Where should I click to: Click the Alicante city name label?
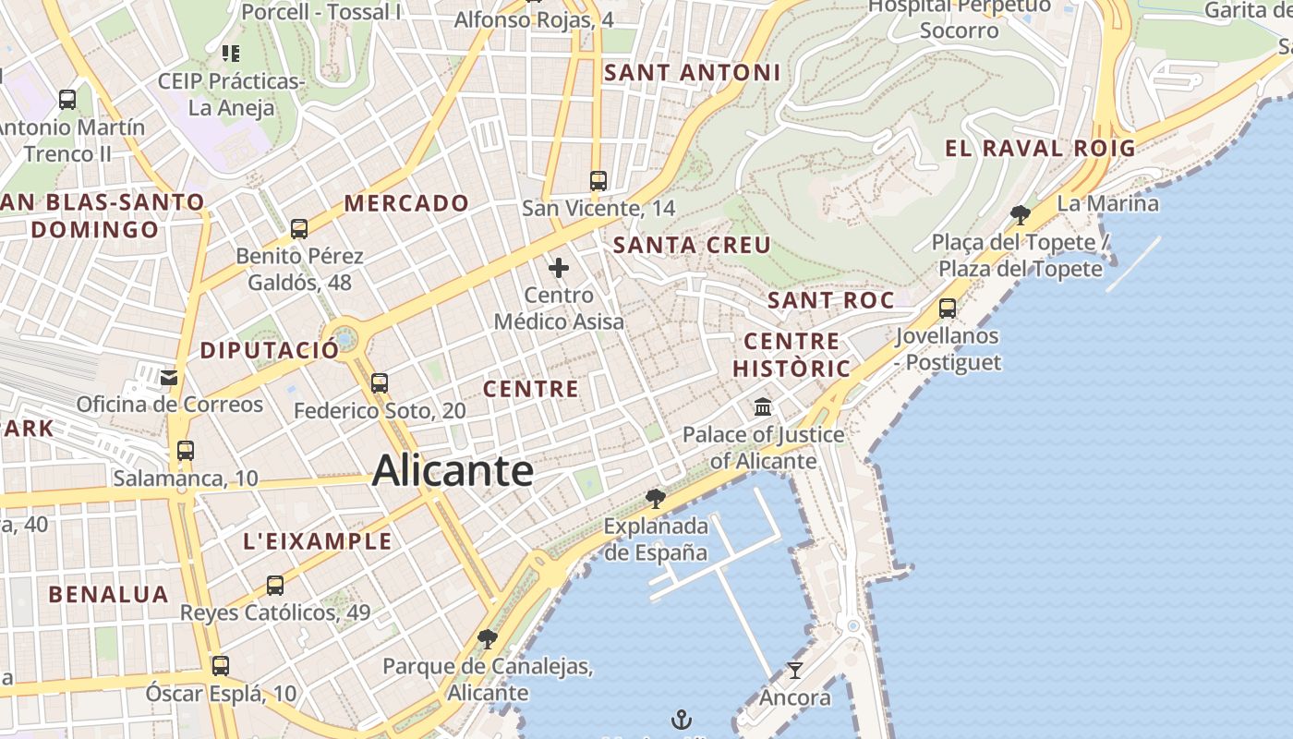(453, 471)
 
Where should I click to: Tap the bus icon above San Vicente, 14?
(598, 180)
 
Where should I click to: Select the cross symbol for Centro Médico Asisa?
(559, 269)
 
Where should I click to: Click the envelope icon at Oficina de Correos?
(168, 377)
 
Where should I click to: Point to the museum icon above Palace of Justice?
(763, 406)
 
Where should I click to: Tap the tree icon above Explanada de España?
(656, 499)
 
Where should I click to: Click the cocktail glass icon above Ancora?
(794, 670)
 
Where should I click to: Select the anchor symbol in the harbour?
(681, 719)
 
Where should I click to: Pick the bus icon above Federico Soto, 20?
(379, 382)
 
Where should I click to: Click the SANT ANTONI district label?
(692, 73)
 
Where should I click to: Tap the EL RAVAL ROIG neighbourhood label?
(1040, 148)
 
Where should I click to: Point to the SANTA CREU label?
(692, 245)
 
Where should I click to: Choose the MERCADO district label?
(406, 203)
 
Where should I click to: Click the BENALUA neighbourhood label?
(109, 594)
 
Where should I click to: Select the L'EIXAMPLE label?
(318, 541)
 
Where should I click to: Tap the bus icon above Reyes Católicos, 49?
(275, 585)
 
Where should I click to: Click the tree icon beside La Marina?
(1021, 215)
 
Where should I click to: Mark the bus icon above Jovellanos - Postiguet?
(947, 308)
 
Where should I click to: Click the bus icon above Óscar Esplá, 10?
(221, 665)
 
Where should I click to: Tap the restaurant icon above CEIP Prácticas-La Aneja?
(231, 54)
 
